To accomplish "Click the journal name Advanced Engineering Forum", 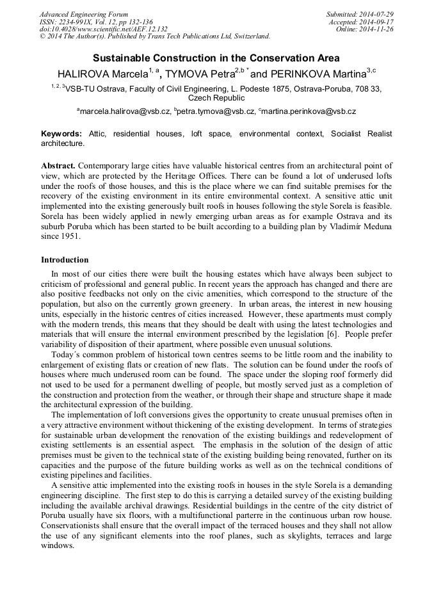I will [84, 14].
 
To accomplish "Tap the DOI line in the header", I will [104, 29].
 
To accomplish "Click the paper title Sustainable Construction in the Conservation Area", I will [216, 58].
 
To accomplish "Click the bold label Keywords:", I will [61, 134].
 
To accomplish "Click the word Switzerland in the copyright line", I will [246, 36].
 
